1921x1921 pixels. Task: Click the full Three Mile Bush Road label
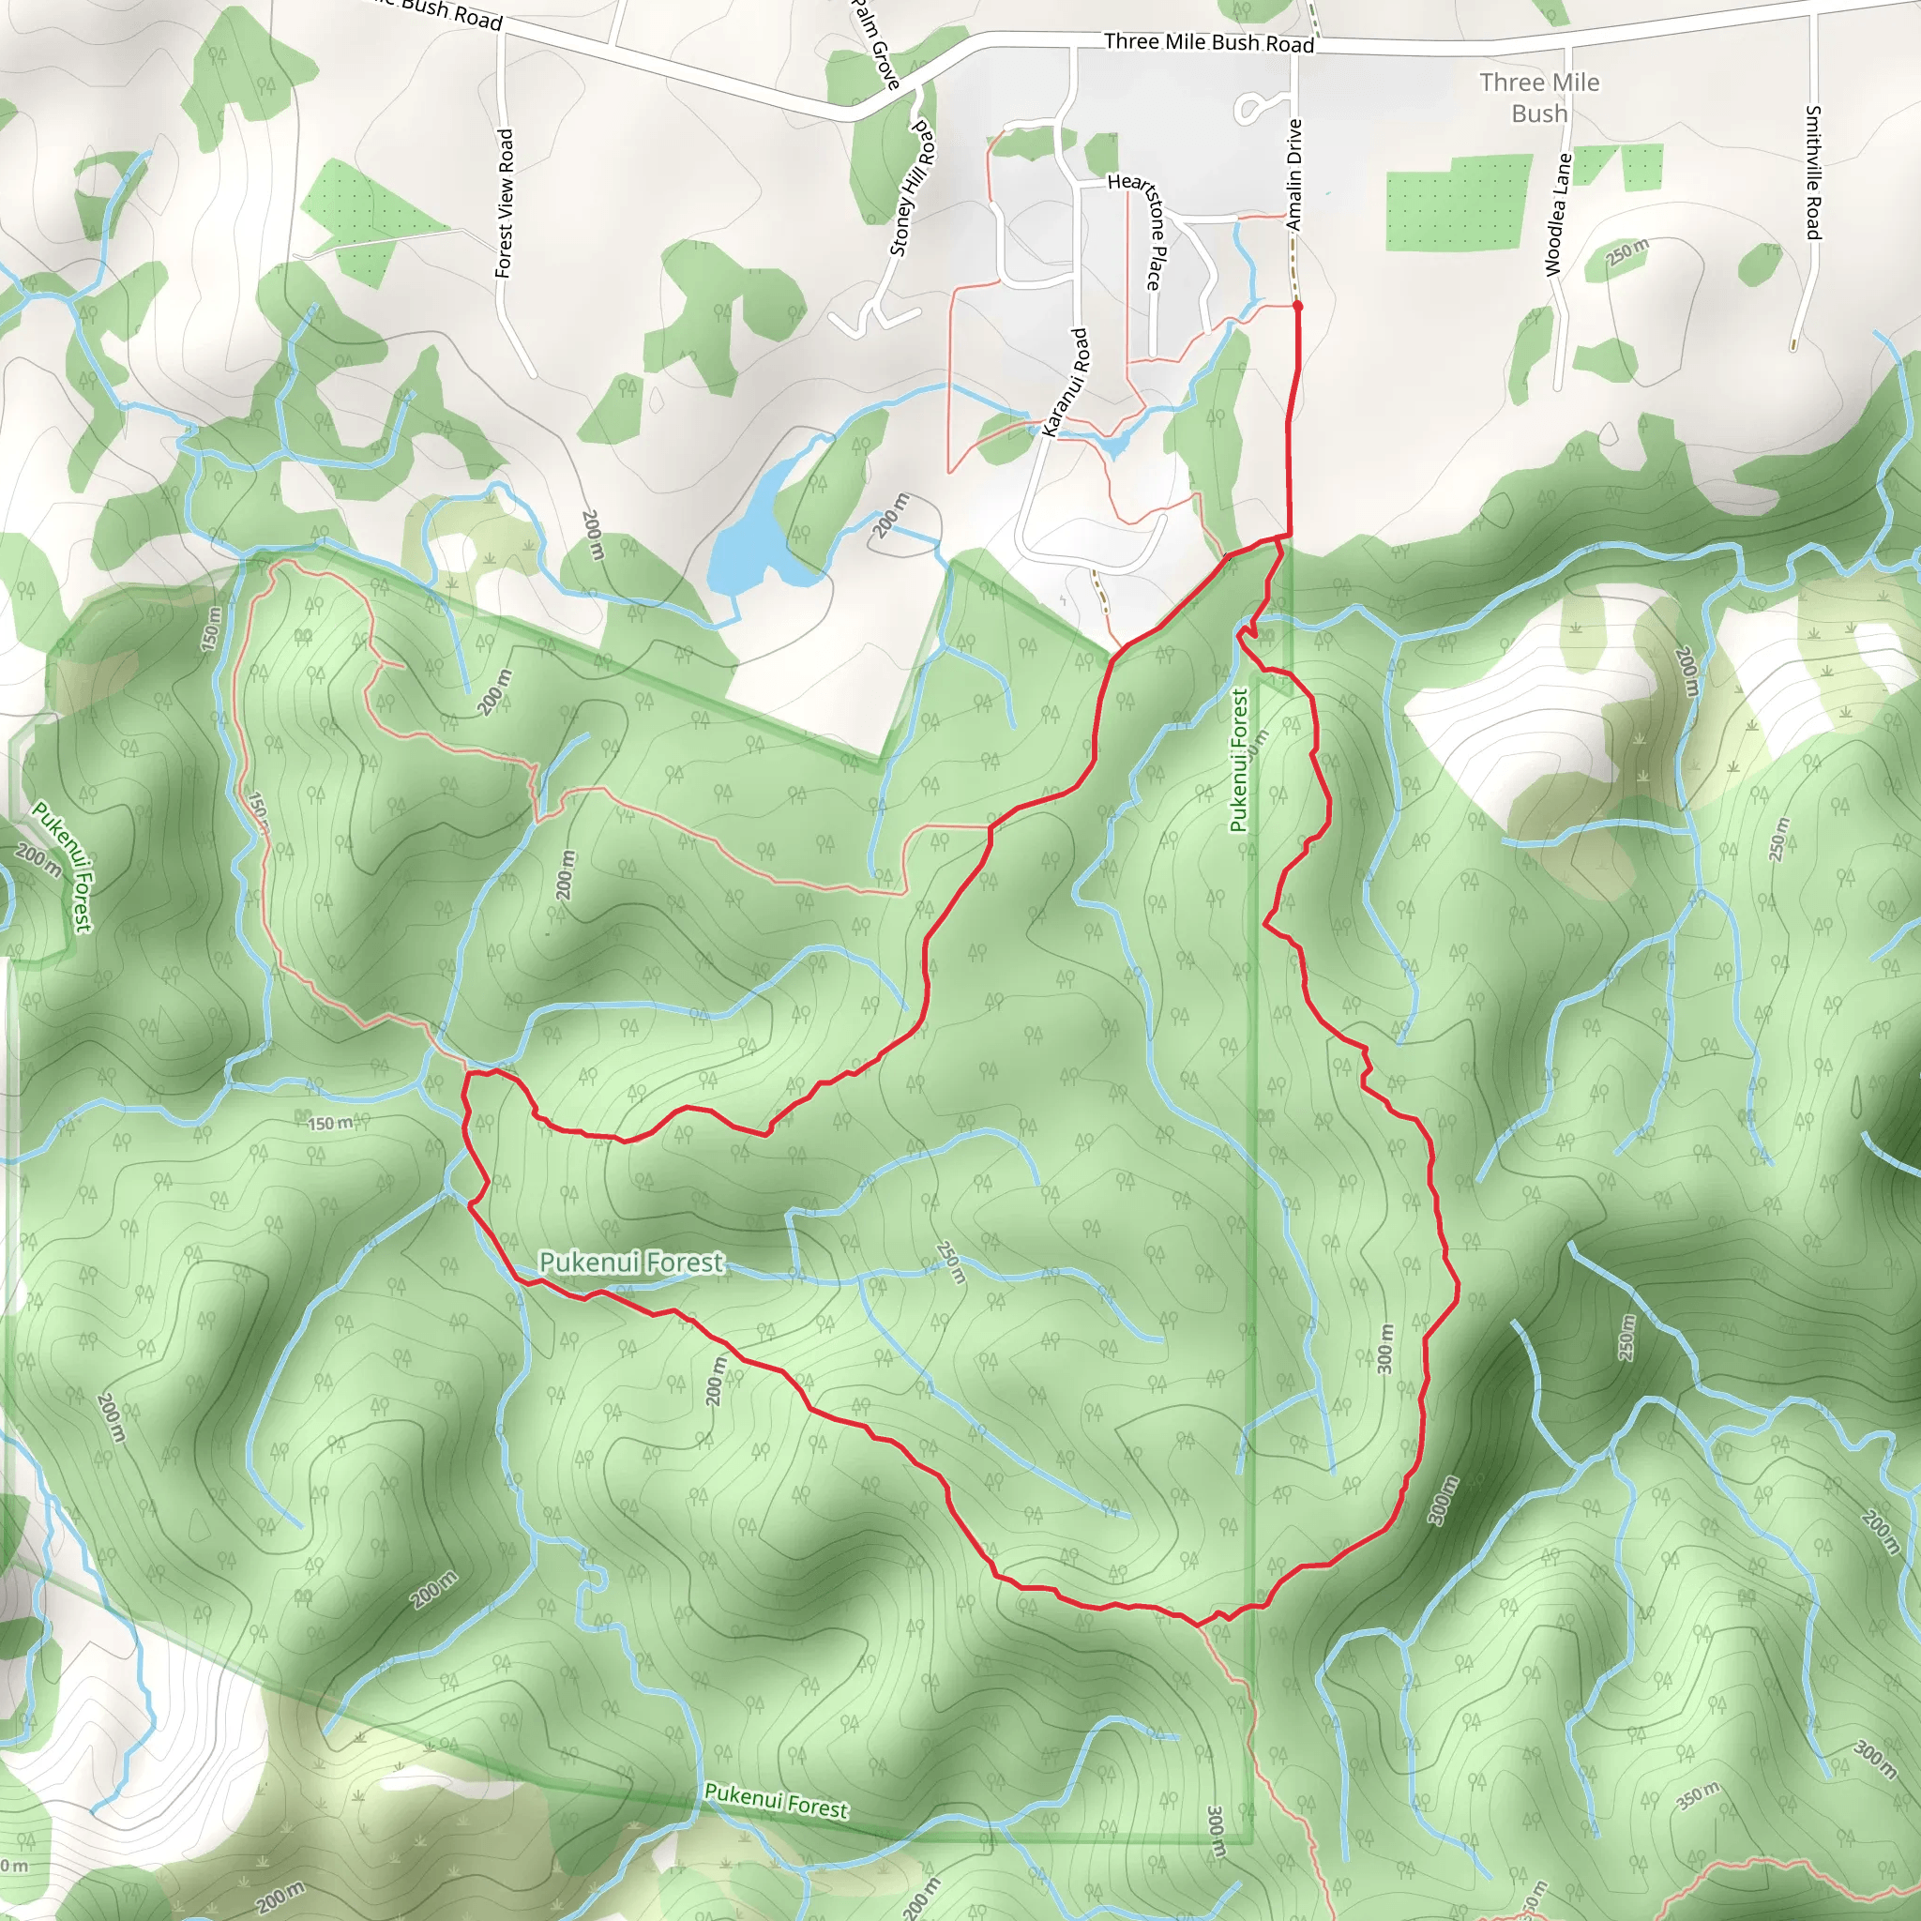point(1208,43)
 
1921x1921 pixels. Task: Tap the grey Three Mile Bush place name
point(1539,98)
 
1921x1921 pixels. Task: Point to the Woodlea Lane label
point(1557,215)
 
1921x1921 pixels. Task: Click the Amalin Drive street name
point(1293,175)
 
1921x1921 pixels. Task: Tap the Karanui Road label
point(1066,383)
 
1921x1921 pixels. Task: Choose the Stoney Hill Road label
point(912,189)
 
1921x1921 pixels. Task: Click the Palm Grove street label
point(875,44)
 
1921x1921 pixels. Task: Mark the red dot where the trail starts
point(1297,306)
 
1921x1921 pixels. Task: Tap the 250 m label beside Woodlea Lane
point(1626,251)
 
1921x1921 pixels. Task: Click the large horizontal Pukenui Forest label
point(630,1262)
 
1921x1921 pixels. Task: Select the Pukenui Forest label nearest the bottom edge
point(776,1799)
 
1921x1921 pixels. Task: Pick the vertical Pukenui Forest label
point(1238,761)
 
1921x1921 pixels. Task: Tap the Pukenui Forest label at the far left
point(63,866)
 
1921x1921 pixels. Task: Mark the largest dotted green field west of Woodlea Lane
point(1455,204)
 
